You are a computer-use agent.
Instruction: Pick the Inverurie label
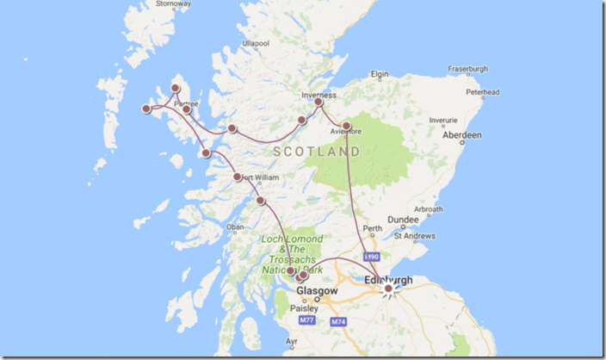pos(442,120)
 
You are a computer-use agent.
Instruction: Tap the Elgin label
pos(380,75)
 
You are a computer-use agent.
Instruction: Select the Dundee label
pos(403,220)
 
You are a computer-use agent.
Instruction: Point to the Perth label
pos(372,229)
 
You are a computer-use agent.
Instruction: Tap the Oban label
pos(235,227)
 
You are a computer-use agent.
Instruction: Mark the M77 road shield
pos(307,320)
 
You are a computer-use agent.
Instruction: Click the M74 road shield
pos(336,320)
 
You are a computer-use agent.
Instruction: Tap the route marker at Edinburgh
pos(388,289)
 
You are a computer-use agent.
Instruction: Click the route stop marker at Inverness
pos(318,102)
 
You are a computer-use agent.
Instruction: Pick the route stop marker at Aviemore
pos(346,127)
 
